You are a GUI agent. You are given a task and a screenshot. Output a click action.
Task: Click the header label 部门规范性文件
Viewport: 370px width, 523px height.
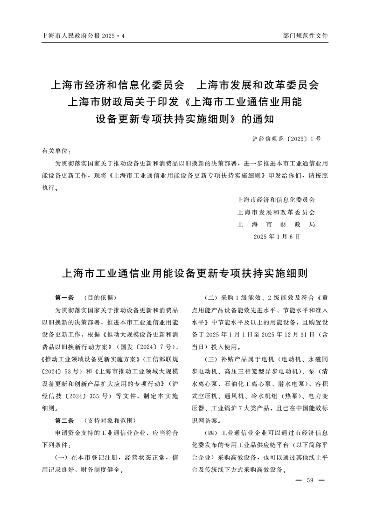click(306, 35)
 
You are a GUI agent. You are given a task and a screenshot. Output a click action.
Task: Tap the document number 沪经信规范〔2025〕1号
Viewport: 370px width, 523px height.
click(286, 139)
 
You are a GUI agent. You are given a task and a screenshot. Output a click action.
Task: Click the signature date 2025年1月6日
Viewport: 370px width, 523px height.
click(277, 236)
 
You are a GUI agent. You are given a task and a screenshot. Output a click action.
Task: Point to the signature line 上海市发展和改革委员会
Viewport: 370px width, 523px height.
click(277, 212)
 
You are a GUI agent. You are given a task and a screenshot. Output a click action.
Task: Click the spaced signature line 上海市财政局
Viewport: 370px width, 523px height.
click(277, 224)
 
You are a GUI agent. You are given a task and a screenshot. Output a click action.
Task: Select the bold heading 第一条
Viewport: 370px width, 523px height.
click(63, 297)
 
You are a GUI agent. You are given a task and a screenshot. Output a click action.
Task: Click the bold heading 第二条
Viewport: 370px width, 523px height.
click(63, 420)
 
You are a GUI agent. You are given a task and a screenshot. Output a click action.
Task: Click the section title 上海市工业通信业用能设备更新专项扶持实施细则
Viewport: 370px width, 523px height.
click(185, 273)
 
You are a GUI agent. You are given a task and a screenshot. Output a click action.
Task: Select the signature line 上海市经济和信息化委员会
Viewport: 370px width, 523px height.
click(277, 200)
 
